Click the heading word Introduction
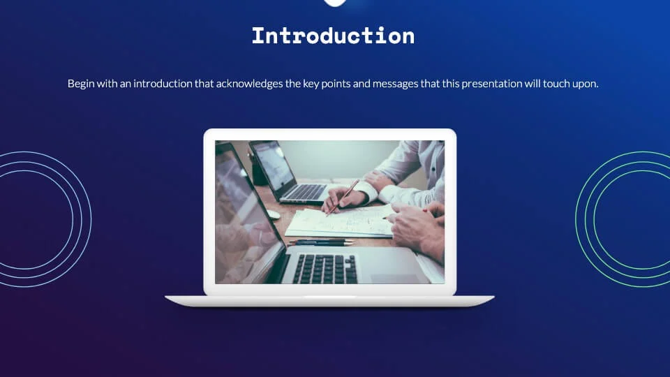(x=333, y=36)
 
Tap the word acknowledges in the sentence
(x=258, y=84)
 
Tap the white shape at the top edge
(x=335, y=2)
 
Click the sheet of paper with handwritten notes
(x=342, y=222)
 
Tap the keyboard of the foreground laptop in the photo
(x=325, y=267)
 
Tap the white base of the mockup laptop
(x=329, y=300)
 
